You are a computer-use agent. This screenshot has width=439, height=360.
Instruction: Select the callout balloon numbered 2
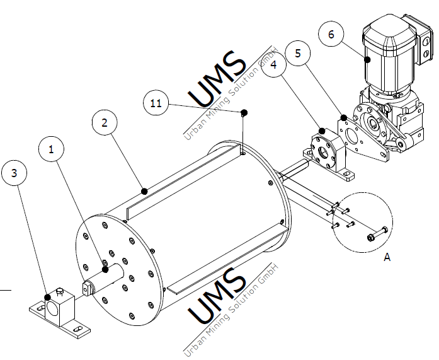105,122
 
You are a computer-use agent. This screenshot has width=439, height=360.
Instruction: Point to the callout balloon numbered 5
298,54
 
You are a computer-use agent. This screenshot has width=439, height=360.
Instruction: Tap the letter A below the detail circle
387,257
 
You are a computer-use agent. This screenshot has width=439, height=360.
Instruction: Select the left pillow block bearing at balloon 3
57,309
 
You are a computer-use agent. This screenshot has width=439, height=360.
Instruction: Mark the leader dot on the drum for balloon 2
144,190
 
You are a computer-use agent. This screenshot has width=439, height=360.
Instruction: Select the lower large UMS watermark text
218,296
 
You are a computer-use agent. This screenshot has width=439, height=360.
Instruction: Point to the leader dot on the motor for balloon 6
367,60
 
